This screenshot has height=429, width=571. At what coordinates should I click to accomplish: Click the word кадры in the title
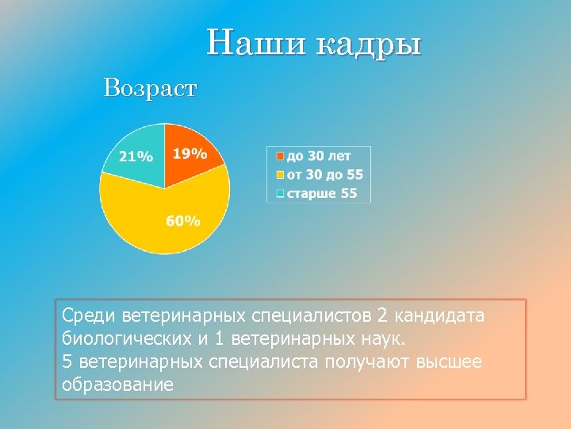click(368, 44)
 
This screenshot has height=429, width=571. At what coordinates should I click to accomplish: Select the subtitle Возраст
click(149, 88)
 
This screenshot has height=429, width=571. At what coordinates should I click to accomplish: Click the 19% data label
click(190, 153)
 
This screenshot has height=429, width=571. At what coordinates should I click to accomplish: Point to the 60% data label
click(183, 220)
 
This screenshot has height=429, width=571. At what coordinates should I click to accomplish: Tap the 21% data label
click(136, 157)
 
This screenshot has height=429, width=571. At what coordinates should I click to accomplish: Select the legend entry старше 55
click(321, 193)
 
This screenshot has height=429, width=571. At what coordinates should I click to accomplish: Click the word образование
click(117, 385)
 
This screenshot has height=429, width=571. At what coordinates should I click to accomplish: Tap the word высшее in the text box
click(443, 362)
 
